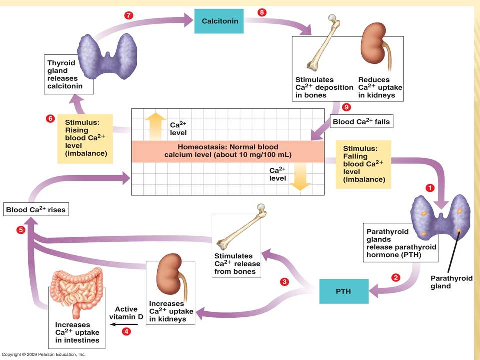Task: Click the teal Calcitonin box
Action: click(219, 21)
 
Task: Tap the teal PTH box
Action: click(344, 291)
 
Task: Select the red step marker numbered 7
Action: click(129, 15)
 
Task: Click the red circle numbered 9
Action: click(346, 107)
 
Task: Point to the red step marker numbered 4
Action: click(126, 331)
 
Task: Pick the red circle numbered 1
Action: click(430, 188)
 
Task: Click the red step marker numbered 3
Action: click(284, 281)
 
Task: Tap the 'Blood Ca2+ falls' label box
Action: click(361, 122)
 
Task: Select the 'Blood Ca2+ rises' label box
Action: click(36, 209)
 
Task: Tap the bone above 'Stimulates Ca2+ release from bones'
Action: click(241, 227)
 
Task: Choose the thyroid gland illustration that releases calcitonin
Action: click(107, 56)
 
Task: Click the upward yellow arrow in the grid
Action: click(156, 126)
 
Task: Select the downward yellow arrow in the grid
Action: click(300, 177)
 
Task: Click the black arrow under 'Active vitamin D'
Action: click(123, 324)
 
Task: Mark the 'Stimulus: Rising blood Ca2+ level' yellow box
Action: click(85, 138)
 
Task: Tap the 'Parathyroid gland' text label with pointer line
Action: click(451, 282)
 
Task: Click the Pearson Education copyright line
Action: click(44, 354)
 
